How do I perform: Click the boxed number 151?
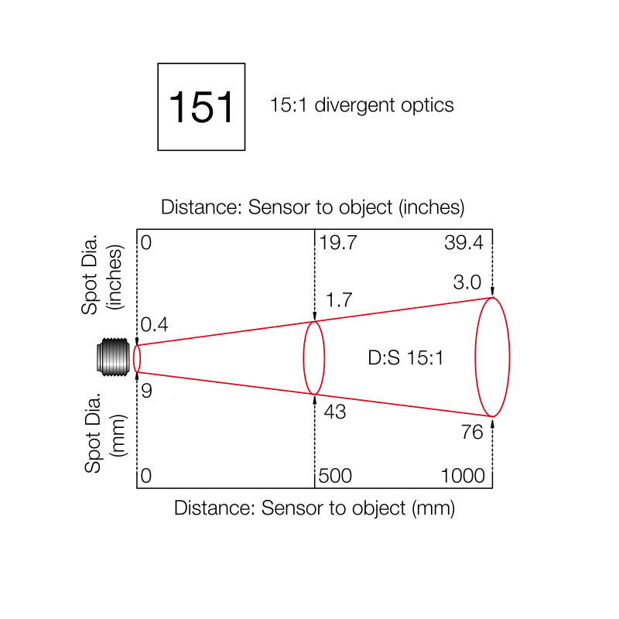pyautogui.click(x=201, y=107)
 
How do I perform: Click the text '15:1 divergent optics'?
pyautogui.click(x=361, y=105)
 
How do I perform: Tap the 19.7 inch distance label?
pyautogui.click(x=338, y=243)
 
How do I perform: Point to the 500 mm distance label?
pyautogui.click(x=337, y=476)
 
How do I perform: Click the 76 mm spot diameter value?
pyautogui.click(x=472, y=432)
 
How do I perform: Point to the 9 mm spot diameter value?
pyautogui.click(x=146, y=391)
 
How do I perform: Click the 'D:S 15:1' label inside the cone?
pyautogui.click(x=405, y=358)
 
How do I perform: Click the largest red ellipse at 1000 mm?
pyautogui.click(x=492, y=357)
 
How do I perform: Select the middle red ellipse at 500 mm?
pyautogui.click(x=313, y=358)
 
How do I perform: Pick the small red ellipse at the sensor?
pyautogui.click(x=137, y=358)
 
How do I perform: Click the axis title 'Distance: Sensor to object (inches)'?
pyautogui.click(x=313, y=207)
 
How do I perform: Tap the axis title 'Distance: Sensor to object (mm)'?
pyautogui.click(x=314, y=508)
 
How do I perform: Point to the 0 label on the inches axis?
pyautogui.click(x=146, y=243)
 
